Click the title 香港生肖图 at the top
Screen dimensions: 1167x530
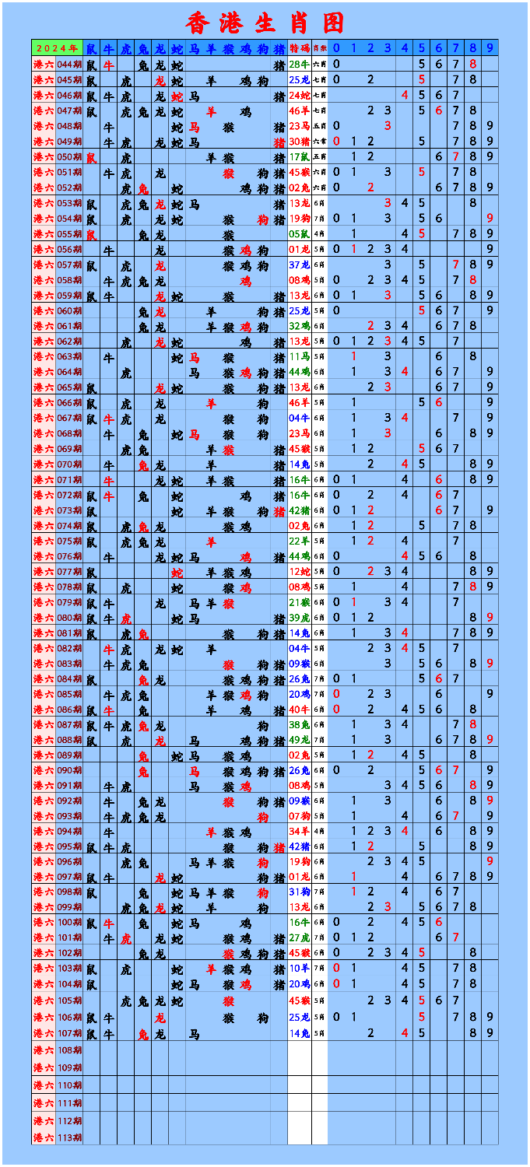click(x=265, y=22)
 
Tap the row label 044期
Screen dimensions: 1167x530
click(x=68, y=65)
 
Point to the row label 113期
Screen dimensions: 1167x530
click(x=68, y=1137)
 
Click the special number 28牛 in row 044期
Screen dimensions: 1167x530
click(x=299, y=65)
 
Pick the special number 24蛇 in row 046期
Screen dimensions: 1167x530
click(x=299, y=96)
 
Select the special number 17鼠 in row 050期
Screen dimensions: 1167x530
click(x=299, y=157)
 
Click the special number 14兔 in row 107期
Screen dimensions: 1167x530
click(x=299, y=1033)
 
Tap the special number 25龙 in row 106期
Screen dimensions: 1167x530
click(x=299, y=1017)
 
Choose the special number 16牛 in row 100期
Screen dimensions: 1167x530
click(x=299, y=922)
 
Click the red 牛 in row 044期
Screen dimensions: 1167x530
click(x=109, y=65)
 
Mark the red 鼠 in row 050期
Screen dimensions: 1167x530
click(x=92, y=157)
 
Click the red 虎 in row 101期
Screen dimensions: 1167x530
click(x=125, y=937)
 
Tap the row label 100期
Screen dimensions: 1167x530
click(x=68, y=922)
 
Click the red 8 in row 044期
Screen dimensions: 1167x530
click(x=472, y=65)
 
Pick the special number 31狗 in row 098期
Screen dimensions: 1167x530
click(x=299, y=892)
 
